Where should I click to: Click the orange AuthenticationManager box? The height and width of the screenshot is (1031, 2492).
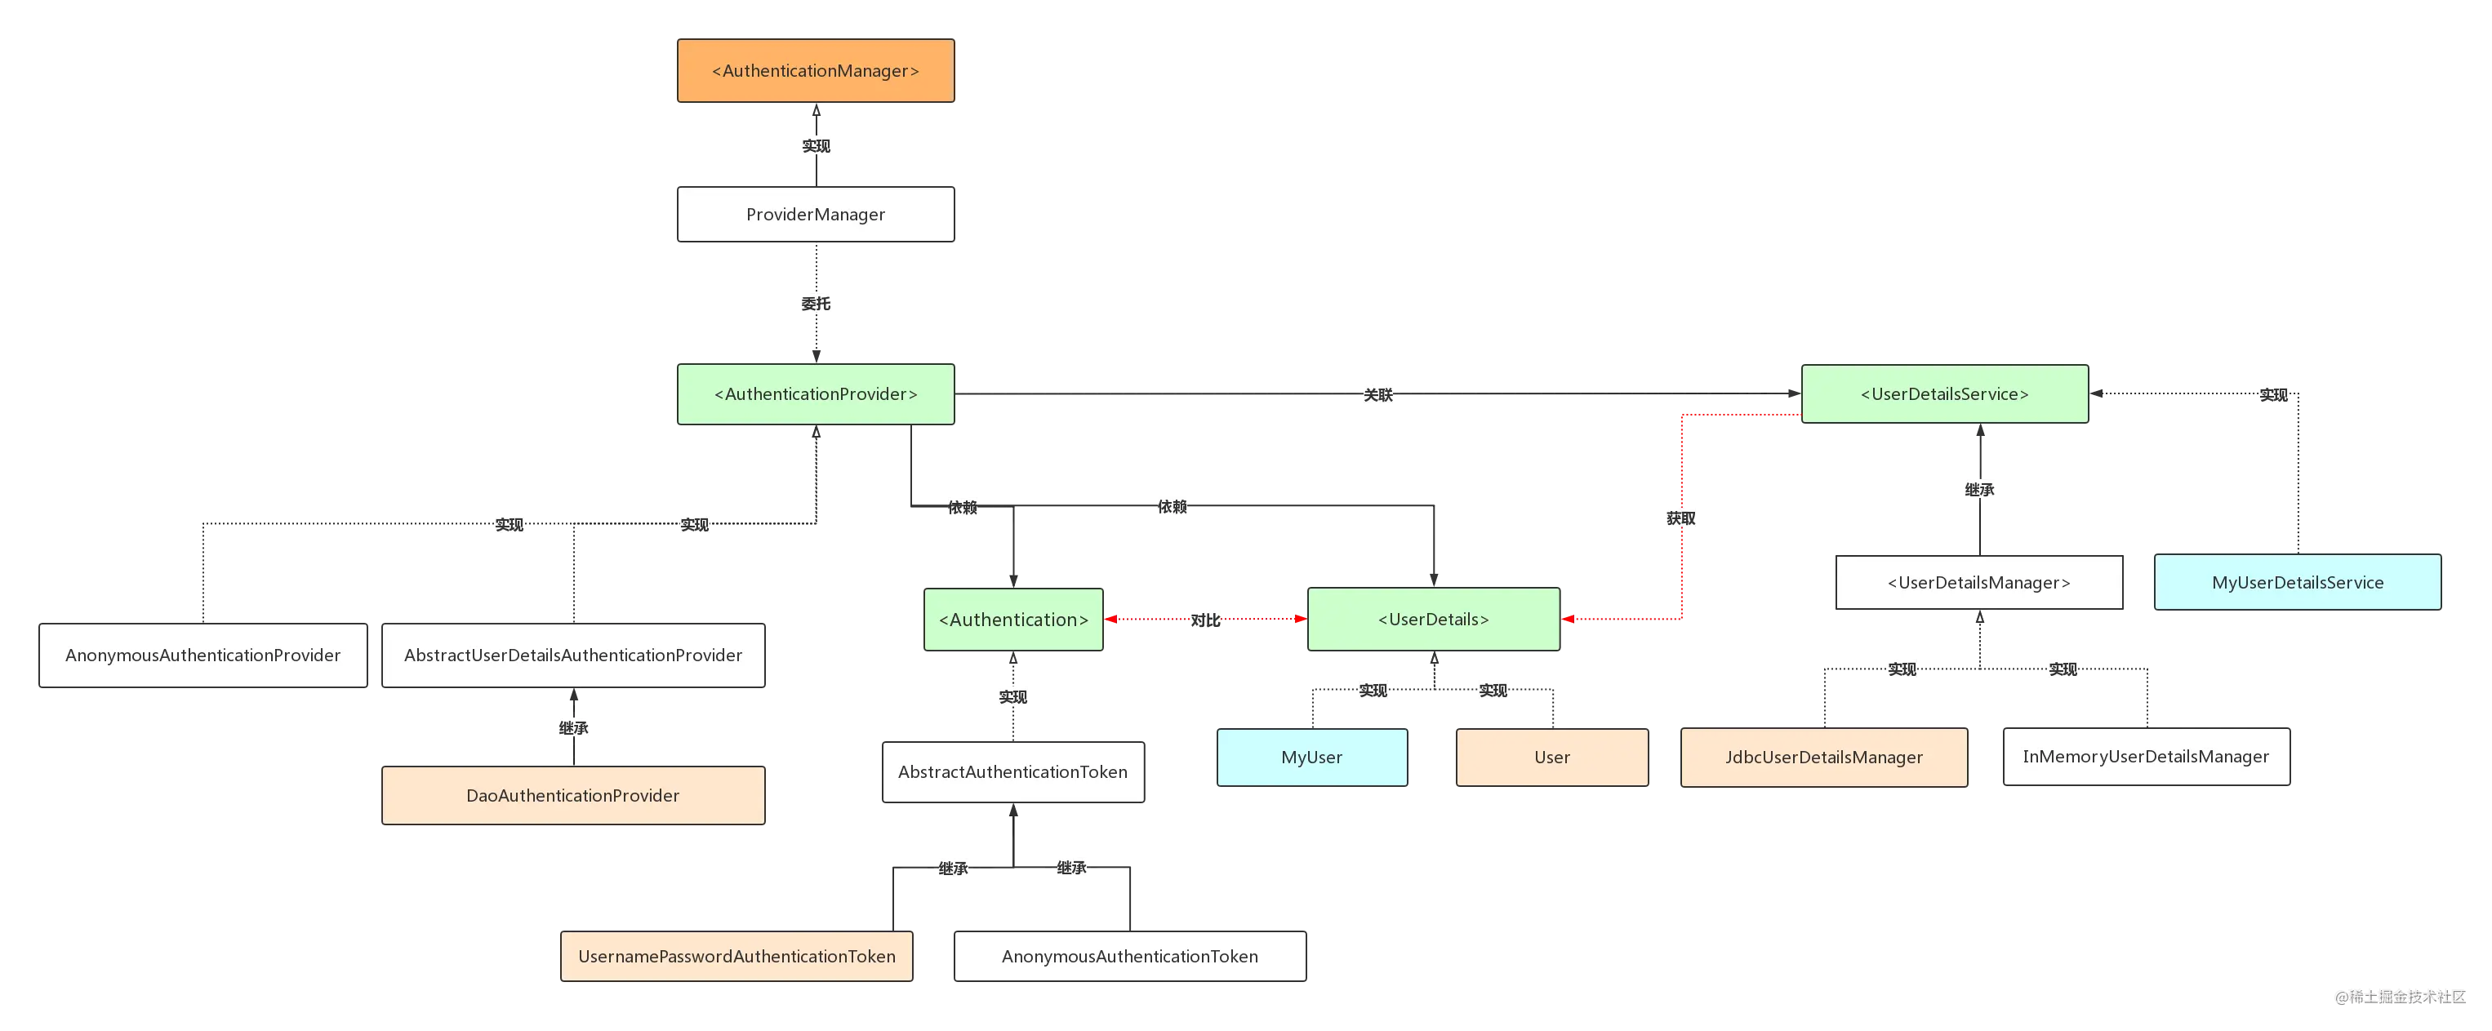pyautogui.click(x=816, y=70)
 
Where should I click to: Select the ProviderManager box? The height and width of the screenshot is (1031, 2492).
pyautogui.click(x=816, y=214)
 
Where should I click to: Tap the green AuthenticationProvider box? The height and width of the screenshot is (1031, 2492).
pyautogui.click(x=816, y=393)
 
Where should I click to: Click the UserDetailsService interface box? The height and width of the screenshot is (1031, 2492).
pyautogui.click(x=1944, y=393)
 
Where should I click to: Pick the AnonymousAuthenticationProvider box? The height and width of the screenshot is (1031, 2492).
pyautogui.click(x=203, y=655)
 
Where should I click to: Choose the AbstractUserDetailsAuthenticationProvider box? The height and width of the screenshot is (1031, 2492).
pyautogui.click(x=574, y=655)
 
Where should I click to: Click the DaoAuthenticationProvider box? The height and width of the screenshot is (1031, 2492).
pyautogui.click(x=574, y=795)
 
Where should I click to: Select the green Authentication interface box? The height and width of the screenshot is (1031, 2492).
pyautogui.click(x=1012, y=619)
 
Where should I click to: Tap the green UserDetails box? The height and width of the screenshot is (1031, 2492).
pyautogui.click(x=1434, y=619)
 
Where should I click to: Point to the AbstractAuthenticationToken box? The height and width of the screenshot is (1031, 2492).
pyautogui.click(x=1012, y=771)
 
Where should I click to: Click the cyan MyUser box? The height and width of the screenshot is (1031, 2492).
pyautogui.click(x=1312, y=758)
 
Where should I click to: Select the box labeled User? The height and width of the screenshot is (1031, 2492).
pyautogui.click(x=1551, y=758)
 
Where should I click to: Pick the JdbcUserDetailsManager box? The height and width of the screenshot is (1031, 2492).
pyautogui.click(x=1823, y=758)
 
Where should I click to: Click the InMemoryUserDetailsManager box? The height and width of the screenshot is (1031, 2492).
pyautogui.click(x=2146, y=757)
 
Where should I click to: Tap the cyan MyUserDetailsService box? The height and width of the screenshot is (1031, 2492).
pyautogui.click(x=2298, y=582)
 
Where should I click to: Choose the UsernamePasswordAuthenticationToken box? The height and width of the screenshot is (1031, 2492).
pyautogui.click(x=736, y=957)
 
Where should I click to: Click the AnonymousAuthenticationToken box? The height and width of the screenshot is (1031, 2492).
pyautogui.click(x=1130, y=957)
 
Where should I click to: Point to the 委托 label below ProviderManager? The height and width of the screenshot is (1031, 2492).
pyautogui.click(x=816, y=304)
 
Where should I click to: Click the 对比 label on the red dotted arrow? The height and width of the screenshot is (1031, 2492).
pyautogui.click(x=1205, y=620)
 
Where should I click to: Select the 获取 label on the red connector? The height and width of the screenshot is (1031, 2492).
pyautogui.click(x=1681, y=518)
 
